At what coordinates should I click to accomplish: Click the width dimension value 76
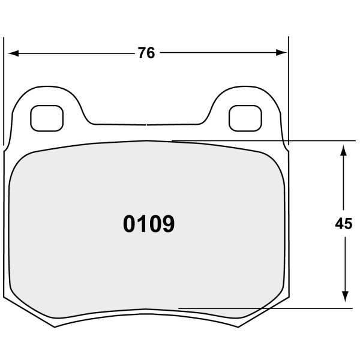coord(146,53)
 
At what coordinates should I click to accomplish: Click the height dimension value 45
coord(343,224)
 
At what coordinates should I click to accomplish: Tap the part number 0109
coord(149,224)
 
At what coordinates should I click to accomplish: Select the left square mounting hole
coord(47,118)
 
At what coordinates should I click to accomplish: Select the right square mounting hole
coord(245,118)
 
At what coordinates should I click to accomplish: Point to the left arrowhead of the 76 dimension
coord(13,53)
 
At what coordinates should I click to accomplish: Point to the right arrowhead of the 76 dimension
coord(281,53)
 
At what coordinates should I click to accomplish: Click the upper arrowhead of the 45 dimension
coord(343,151)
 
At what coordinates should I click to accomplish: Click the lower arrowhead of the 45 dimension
coord(345,297)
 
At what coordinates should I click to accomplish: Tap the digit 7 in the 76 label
coord(142,53)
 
